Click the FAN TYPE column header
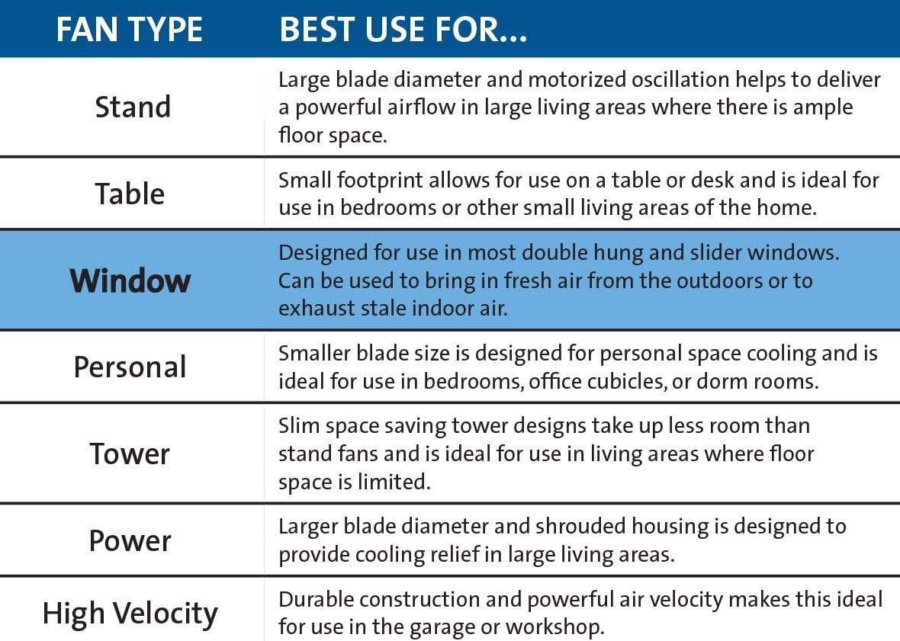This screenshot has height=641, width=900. pyautogui.click(x=130, y=29)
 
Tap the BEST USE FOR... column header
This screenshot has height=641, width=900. pyautogui.click(x=403, y=29)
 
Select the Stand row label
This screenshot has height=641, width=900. pyautogui.click(x=133, y=107)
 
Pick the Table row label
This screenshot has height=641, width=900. pyautogui.click(x=130, y=194)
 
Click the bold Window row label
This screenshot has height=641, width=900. pyautogui.click(x=130, y=280)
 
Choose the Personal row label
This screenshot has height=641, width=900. pyautogui.click(x=130, y=367)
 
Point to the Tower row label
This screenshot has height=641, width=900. pyautogui.click(x=130, y=454)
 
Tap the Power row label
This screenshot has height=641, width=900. pyautogui.click(x=130, y=540)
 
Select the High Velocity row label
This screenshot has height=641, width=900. pyautogui.click(x=130, y=614)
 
